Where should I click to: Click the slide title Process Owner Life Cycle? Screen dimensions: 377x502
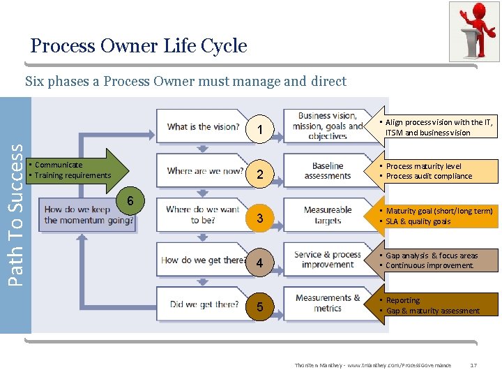click(139, 46)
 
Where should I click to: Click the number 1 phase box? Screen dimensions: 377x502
click(259, 131)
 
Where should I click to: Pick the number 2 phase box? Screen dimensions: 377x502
click(259, 175)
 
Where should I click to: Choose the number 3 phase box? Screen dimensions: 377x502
click(259, 219)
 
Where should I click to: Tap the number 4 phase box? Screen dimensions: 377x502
click(259, 263)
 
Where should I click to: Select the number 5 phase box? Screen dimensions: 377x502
click(259, 307)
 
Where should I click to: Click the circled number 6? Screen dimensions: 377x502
click(128, 201)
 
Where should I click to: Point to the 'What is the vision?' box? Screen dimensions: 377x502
click(202, 126)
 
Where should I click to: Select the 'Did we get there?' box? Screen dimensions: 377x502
click(204, 304)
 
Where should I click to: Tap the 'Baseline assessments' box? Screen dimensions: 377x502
click(328, 171)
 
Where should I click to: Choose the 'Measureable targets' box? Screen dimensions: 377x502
click(328, 215)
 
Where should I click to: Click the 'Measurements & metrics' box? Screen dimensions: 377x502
click(328, 303)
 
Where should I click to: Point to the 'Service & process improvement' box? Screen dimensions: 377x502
click(328, 260)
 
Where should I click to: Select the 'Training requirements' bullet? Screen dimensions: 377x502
click(73, 175)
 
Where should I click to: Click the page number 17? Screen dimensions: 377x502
click(473, 365)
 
